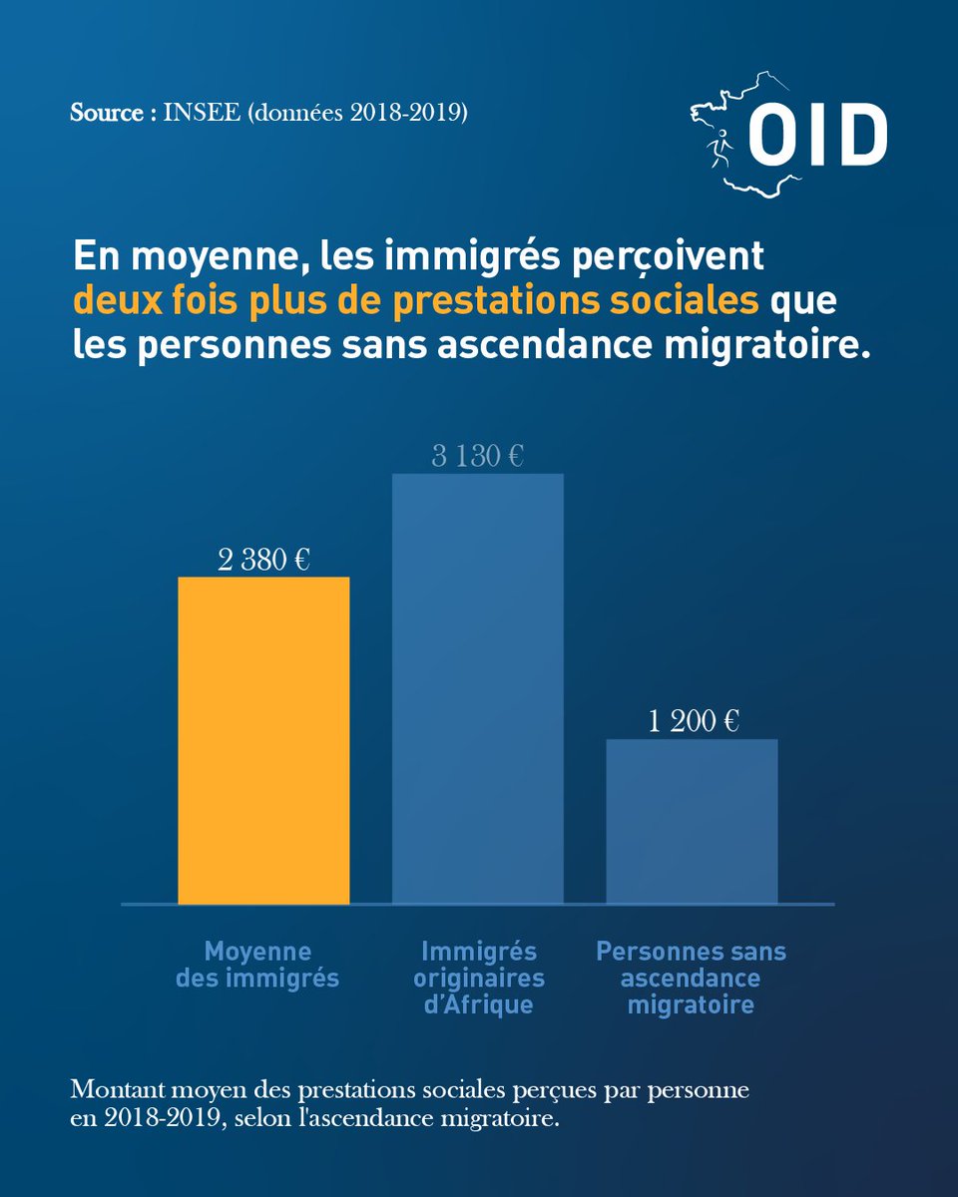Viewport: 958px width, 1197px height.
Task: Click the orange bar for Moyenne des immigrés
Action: coord(263,740)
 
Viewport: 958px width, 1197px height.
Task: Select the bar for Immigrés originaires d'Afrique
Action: coord(477,688)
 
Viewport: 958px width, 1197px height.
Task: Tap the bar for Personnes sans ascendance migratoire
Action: coord(692,821)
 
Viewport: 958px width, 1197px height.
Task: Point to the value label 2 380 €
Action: coord(263,560)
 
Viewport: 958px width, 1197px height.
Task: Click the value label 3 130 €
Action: coord(477,457)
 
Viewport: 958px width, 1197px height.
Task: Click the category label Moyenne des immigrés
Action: coord(257,965)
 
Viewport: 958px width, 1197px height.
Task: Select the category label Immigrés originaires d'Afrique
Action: coord(479,978)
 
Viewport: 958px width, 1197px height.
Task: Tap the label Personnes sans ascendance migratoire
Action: coord(691,978)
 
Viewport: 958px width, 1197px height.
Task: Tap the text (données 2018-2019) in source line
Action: coord(355,113)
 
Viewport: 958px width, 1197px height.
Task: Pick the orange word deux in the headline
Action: coord(112,300)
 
